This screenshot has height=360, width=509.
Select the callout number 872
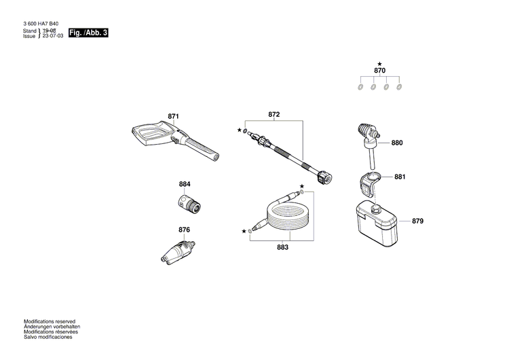pyautogui.click(x=274, y=115)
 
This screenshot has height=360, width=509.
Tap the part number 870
pyautogui.click(x=380, y=71)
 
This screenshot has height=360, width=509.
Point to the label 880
pyautogui.click(x=397, y=143)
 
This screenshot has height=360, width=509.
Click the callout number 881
pyautogui.click(x=400, y=177)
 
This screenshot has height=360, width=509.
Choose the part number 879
pyautogui.click(x=417, y=221)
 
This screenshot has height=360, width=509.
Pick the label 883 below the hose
pyautogui.click(x=282, y=248)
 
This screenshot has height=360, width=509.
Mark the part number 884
pyautogui.click(x=185, y=184)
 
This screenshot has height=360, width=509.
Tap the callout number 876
pyautogui.click(x=184, y=230)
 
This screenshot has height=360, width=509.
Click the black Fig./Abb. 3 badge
pyautogui.click(x=88, y=33)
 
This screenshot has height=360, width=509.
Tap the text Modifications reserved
pyautogui.click(x=50, y=321)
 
